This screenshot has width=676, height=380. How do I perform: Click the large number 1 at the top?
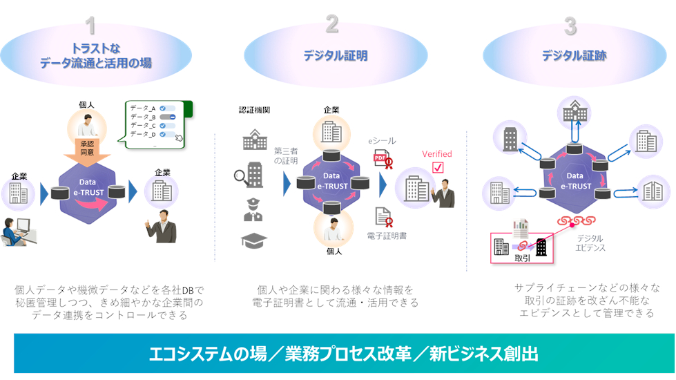(x=90, y=26)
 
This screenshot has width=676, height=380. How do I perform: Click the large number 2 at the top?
(x=332, y=26)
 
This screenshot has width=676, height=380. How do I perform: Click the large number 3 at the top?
(x=570, y=26)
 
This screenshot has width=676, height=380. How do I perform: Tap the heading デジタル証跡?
(x=574, y=56)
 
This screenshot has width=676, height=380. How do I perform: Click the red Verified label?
(x=437, y=154)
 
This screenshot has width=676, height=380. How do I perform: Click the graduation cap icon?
(x=253, y=240)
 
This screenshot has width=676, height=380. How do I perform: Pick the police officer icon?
(x=253, y=209)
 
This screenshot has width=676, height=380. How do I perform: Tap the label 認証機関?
(x=253, y=110)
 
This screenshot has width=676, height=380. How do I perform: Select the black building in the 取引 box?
(x=541, y=245)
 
